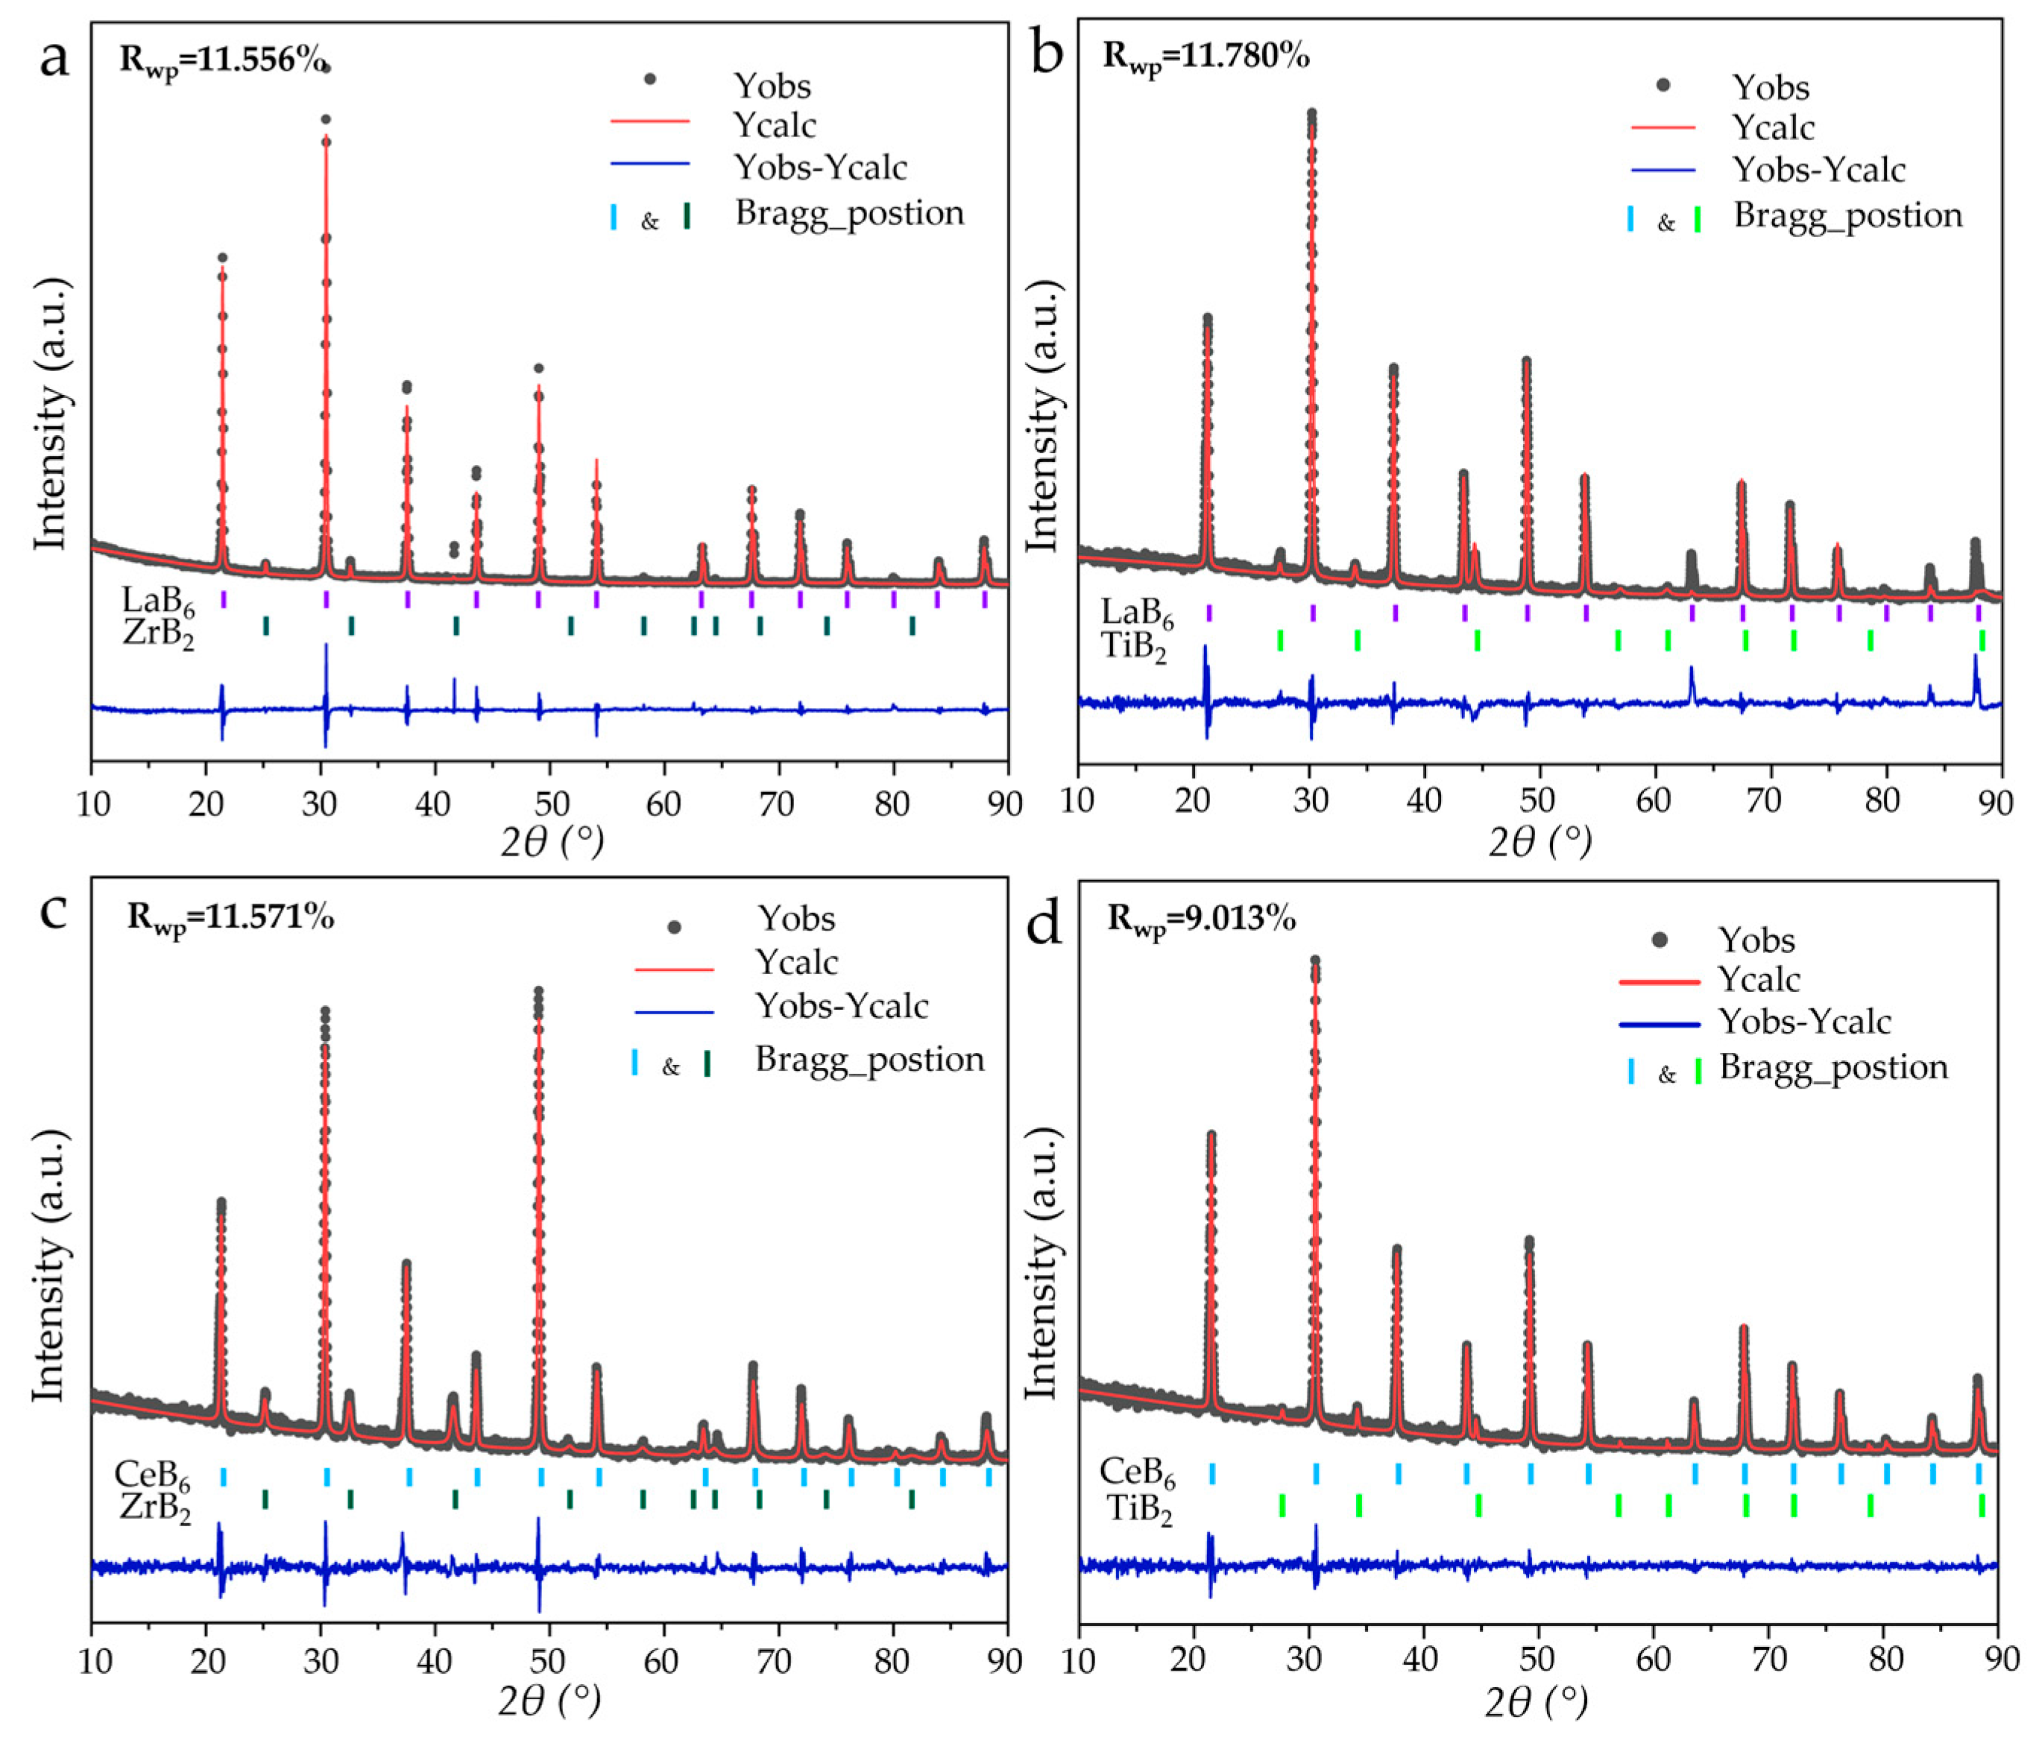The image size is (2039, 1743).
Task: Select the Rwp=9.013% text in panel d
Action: (1200, 919)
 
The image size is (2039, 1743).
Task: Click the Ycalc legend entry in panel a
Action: (775, 125)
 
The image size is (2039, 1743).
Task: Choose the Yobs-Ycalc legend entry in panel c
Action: (842, 1005)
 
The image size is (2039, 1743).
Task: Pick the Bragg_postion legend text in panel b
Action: (1847, 215)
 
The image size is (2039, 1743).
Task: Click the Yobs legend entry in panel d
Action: (1756, 940)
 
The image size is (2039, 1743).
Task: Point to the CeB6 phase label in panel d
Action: (1137, 1472)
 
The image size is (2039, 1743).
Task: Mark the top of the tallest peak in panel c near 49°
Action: (538, 992)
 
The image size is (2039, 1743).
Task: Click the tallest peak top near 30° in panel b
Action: (1311, 114)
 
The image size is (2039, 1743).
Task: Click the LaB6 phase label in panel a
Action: (157, 600)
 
